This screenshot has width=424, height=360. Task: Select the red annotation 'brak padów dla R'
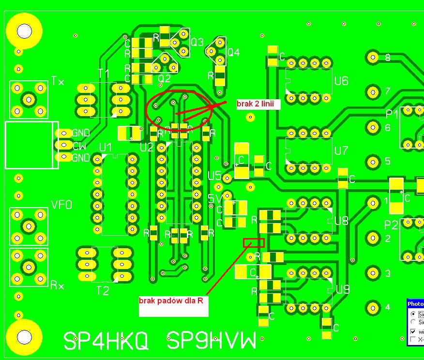coord(171,301)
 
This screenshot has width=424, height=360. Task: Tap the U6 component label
coord(341,81)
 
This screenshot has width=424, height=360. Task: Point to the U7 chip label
coord(341,150)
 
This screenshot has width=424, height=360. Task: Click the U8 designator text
coord(341,221)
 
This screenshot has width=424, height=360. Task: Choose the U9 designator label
coord(342,289)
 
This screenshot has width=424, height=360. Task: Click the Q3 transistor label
coord(197,42)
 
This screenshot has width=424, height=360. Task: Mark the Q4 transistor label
coord(233,52)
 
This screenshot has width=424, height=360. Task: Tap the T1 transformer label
coord(104,74)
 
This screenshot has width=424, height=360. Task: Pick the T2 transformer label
coord(103,290)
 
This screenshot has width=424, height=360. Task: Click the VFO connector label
coord(61,205)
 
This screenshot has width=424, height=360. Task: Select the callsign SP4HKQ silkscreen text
coord(106,341)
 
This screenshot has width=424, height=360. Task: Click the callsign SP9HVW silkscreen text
coord(211,341)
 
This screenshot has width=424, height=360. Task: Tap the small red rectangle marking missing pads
coord(254,242)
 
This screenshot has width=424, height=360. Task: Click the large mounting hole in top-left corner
coord(24,31)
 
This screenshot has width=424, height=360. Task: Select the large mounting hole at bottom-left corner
coord(24,337)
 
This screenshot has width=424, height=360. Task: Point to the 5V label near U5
coord(214,198)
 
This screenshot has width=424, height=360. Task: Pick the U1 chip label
coord(105,147)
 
